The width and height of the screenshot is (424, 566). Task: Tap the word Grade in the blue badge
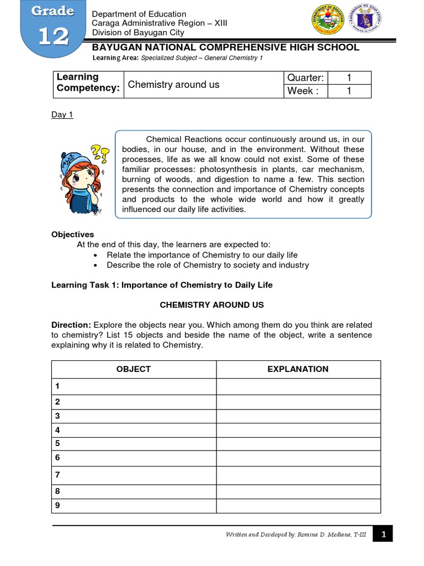tap(53, 11)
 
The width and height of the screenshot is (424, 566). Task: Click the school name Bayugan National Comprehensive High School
tap(225, 48)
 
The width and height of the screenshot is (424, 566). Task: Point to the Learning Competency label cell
tap(88, 84)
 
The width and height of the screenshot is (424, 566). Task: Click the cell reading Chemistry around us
tap(174, 85)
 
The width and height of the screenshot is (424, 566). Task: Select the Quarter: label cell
tap(305, 77)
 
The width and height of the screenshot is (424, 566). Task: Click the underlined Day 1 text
tap(62, 115)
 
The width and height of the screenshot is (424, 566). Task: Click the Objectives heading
tap(73, 234)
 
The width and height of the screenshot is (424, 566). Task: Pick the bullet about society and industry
tap(208, 265)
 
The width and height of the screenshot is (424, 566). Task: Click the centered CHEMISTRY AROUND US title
tap(211, 305)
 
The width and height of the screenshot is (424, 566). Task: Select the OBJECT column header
tap(134, 369)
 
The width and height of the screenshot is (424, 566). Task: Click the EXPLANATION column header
tap(298, 369)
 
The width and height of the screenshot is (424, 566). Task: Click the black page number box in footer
tap(383, 534)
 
